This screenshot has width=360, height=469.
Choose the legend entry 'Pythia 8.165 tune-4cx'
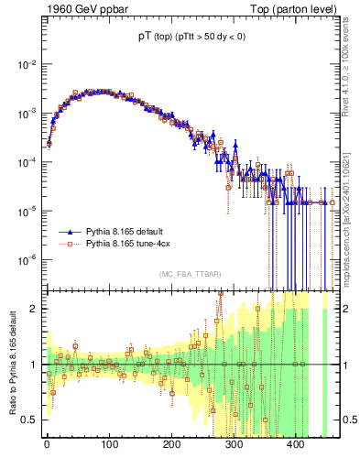[x=130, y=245]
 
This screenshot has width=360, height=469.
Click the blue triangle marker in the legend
[x=71, y=233]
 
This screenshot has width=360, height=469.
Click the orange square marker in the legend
[x=71, y=245]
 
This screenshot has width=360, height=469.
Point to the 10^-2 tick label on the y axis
[x=27, y=64]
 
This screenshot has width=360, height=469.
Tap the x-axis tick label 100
[x=109, y=444]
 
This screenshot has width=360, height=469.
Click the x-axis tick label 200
[x=171, y=444]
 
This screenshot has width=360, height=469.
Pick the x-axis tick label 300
[x=235, y=444]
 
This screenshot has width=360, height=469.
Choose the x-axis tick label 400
[x=297, y=444]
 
